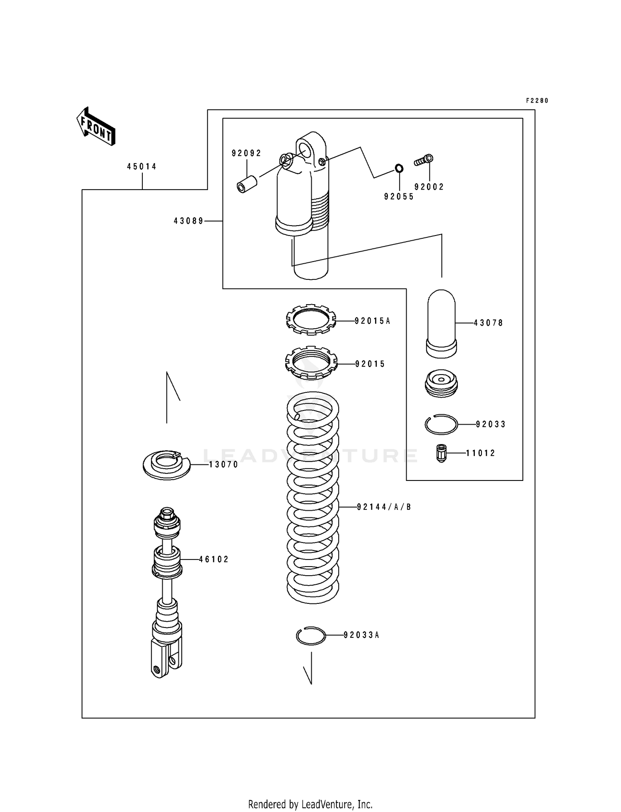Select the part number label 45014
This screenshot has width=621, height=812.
click(x=142, y=167)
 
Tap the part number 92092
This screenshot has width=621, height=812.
click(x=246, y=154)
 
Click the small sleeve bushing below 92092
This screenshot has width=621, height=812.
click(x=247, y=185)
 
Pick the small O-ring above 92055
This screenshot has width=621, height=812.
click(x=399, y=168)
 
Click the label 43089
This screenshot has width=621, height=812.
click(x=189, y=221)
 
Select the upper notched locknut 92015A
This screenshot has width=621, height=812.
click(x=310, y=320)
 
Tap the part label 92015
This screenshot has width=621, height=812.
click(x=370, y=364)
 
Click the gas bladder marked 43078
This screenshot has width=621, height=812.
click(x=441, y=323)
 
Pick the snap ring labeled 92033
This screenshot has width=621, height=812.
click(x=441, y=424)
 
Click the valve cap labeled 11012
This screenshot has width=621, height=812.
click(x=441, y=453)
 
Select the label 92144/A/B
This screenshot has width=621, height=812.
click(x=384, y=507)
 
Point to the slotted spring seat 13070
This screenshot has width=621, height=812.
click(x=166, y=465)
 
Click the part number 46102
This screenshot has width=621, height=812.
click(x=214, y=560)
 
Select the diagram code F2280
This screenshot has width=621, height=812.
click(x=537, y=101)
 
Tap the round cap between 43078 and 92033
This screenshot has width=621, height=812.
click(x=441, y=383)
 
